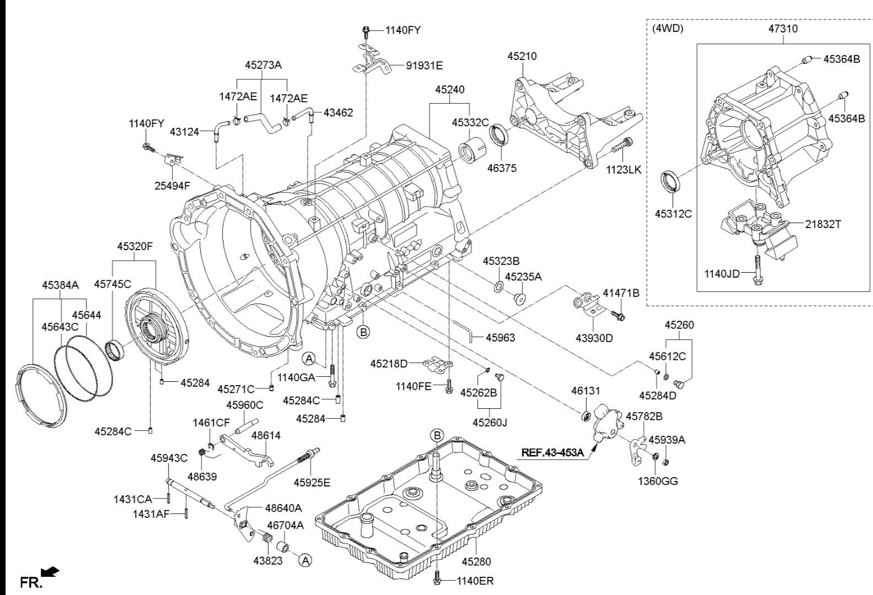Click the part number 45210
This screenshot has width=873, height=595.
(x=522, y=56)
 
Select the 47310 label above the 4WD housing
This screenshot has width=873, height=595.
(x=783, y=29)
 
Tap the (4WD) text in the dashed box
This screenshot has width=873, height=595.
(x=667, y=29)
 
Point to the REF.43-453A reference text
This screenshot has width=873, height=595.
(x=552, y=453)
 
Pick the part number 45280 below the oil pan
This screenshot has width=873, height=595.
(x=476, y=562)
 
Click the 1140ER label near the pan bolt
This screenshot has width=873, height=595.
(x=475, y=581)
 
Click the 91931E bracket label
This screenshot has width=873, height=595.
(x=424, y=66)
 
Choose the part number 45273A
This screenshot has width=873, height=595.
(x=263, y=65)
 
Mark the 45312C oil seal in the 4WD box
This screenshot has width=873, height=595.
(x=670, y=182)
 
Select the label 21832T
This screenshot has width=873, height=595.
(x=823, y=225)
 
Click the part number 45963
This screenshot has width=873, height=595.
(x=500, y=337)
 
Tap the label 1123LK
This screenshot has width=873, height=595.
(x=623, y=170)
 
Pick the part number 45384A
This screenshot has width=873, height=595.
(x=60, y=285)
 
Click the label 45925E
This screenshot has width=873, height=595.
(x=312, y=483)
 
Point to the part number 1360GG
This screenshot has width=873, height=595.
(x=658, y=481)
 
